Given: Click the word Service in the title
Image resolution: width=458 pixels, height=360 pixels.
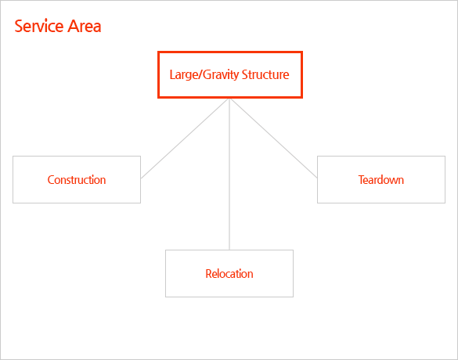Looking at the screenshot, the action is [39, 26].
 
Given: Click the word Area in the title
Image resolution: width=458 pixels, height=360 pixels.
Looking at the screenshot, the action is [85, 26].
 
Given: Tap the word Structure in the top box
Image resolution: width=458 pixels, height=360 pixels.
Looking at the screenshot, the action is [265, 75].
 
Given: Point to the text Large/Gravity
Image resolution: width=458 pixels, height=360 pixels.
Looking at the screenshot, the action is [204, 75].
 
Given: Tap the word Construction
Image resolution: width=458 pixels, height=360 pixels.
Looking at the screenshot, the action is [77, 180].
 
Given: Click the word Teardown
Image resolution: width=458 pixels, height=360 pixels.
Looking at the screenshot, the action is [381, 180].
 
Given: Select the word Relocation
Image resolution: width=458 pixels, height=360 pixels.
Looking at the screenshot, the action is [229, 274].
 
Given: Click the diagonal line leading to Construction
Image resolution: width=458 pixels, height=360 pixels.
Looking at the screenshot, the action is [185, 139].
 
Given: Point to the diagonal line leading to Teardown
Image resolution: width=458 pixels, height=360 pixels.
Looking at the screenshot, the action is [274, 139].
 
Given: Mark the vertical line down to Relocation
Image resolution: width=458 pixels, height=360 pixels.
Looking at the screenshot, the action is [229, 175].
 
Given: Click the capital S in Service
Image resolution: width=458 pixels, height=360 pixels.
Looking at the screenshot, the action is [19, 26].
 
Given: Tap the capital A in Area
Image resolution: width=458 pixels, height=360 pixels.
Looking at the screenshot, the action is [73, 26].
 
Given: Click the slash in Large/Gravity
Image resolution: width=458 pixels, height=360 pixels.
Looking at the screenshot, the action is [200, 75].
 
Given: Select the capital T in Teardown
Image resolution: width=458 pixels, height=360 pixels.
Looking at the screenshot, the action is [362, 180].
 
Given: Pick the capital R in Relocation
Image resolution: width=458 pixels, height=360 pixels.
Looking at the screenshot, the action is [208, 274].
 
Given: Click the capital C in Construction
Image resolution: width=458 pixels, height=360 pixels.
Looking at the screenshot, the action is [51, 180].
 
